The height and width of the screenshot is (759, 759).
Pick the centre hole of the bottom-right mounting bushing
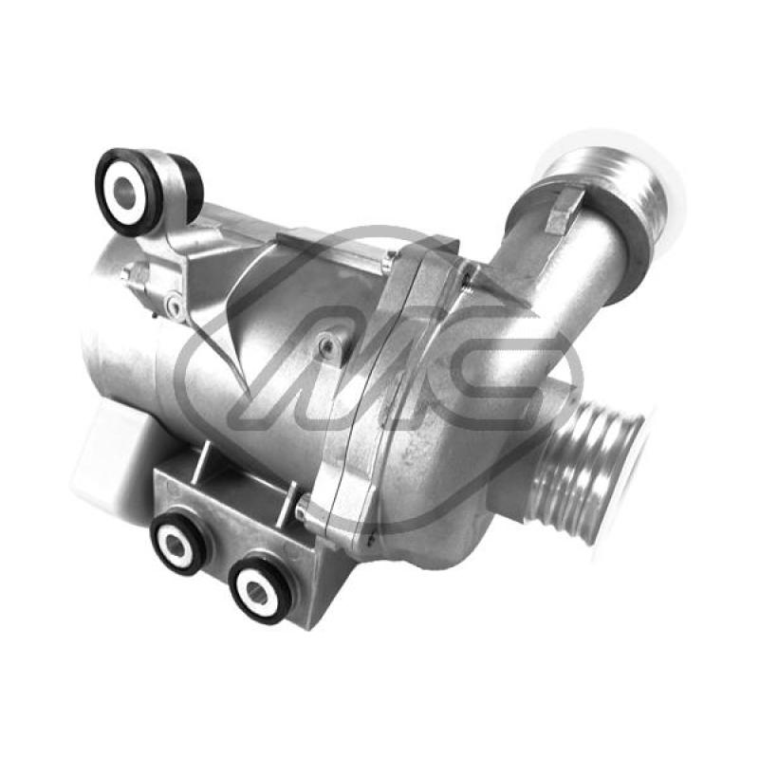255,589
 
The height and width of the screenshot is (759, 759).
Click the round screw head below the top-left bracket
173,305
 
